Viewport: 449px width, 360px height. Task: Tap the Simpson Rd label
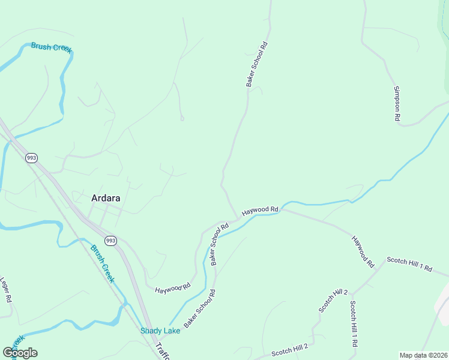pos(397,103)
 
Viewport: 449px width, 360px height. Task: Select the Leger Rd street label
pos(6,289)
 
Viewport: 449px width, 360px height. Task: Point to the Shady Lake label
pos(160,331)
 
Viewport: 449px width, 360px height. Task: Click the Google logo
pos(20,353)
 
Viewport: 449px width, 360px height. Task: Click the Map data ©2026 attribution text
pos(424,355)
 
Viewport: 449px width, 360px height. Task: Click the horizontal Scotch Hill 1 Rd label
pos(409,265)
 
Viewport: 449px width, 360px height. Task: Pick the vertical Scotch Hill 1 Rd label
pos(354,324)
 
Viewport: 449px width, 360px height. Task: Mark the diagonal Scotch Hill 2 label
pos(333,300)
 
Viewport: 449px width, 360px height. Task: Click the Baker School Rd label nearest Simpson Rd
pos(256,64)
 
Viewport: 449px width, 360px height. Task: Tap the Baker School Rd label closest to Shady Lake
pos(200,308)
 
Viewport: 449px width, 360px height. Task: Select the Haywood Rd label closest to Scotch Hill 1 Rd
pos(363,251)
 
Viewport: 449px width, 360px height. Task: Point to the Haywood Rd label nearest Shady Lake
pos(172,289)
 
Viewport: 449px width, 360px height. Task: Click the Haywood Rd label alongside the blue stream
pos(261,211)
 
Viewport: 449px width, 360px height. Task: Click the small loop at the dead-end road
pos(182,119)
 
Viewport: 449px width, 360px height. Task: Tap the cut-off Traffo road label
pos(163,352)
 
